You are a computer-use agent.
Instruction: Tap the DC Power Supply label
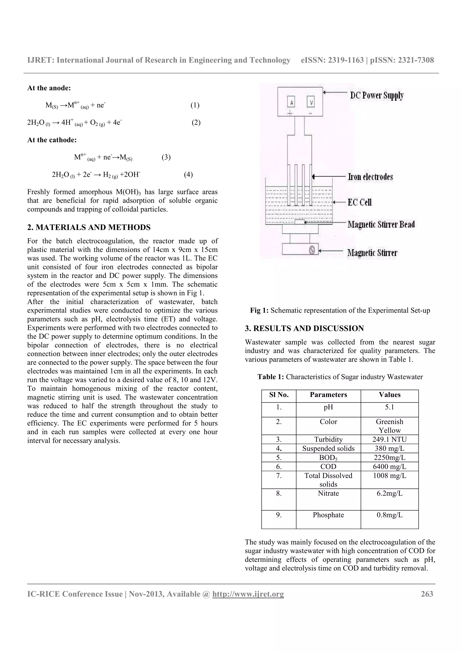376,96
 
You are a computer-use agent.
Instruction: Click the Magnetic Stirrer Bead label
381,224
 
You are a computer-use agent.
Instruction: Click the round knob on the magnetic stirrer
312,250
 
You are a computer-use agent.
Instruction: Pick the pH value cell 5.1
389,407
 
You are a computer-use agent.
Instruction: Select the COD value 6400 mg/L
389,466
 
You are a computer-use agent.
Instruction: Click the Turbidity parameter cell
328,439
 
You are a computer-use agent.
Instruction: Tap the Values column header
389,395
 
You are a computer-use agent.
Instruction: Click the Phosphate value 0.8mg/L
389,515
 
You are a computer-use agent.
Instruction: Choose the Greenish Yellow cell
389,426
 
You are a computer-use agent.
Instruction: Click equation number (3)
166,157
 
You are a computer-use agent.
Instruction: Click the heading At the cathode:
52,140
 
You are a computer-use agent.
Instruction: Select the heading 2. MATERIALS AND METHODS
89,227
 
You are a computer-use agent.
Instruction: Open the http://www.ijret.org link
248,594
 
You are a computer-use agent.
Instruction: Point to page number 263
427,594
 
